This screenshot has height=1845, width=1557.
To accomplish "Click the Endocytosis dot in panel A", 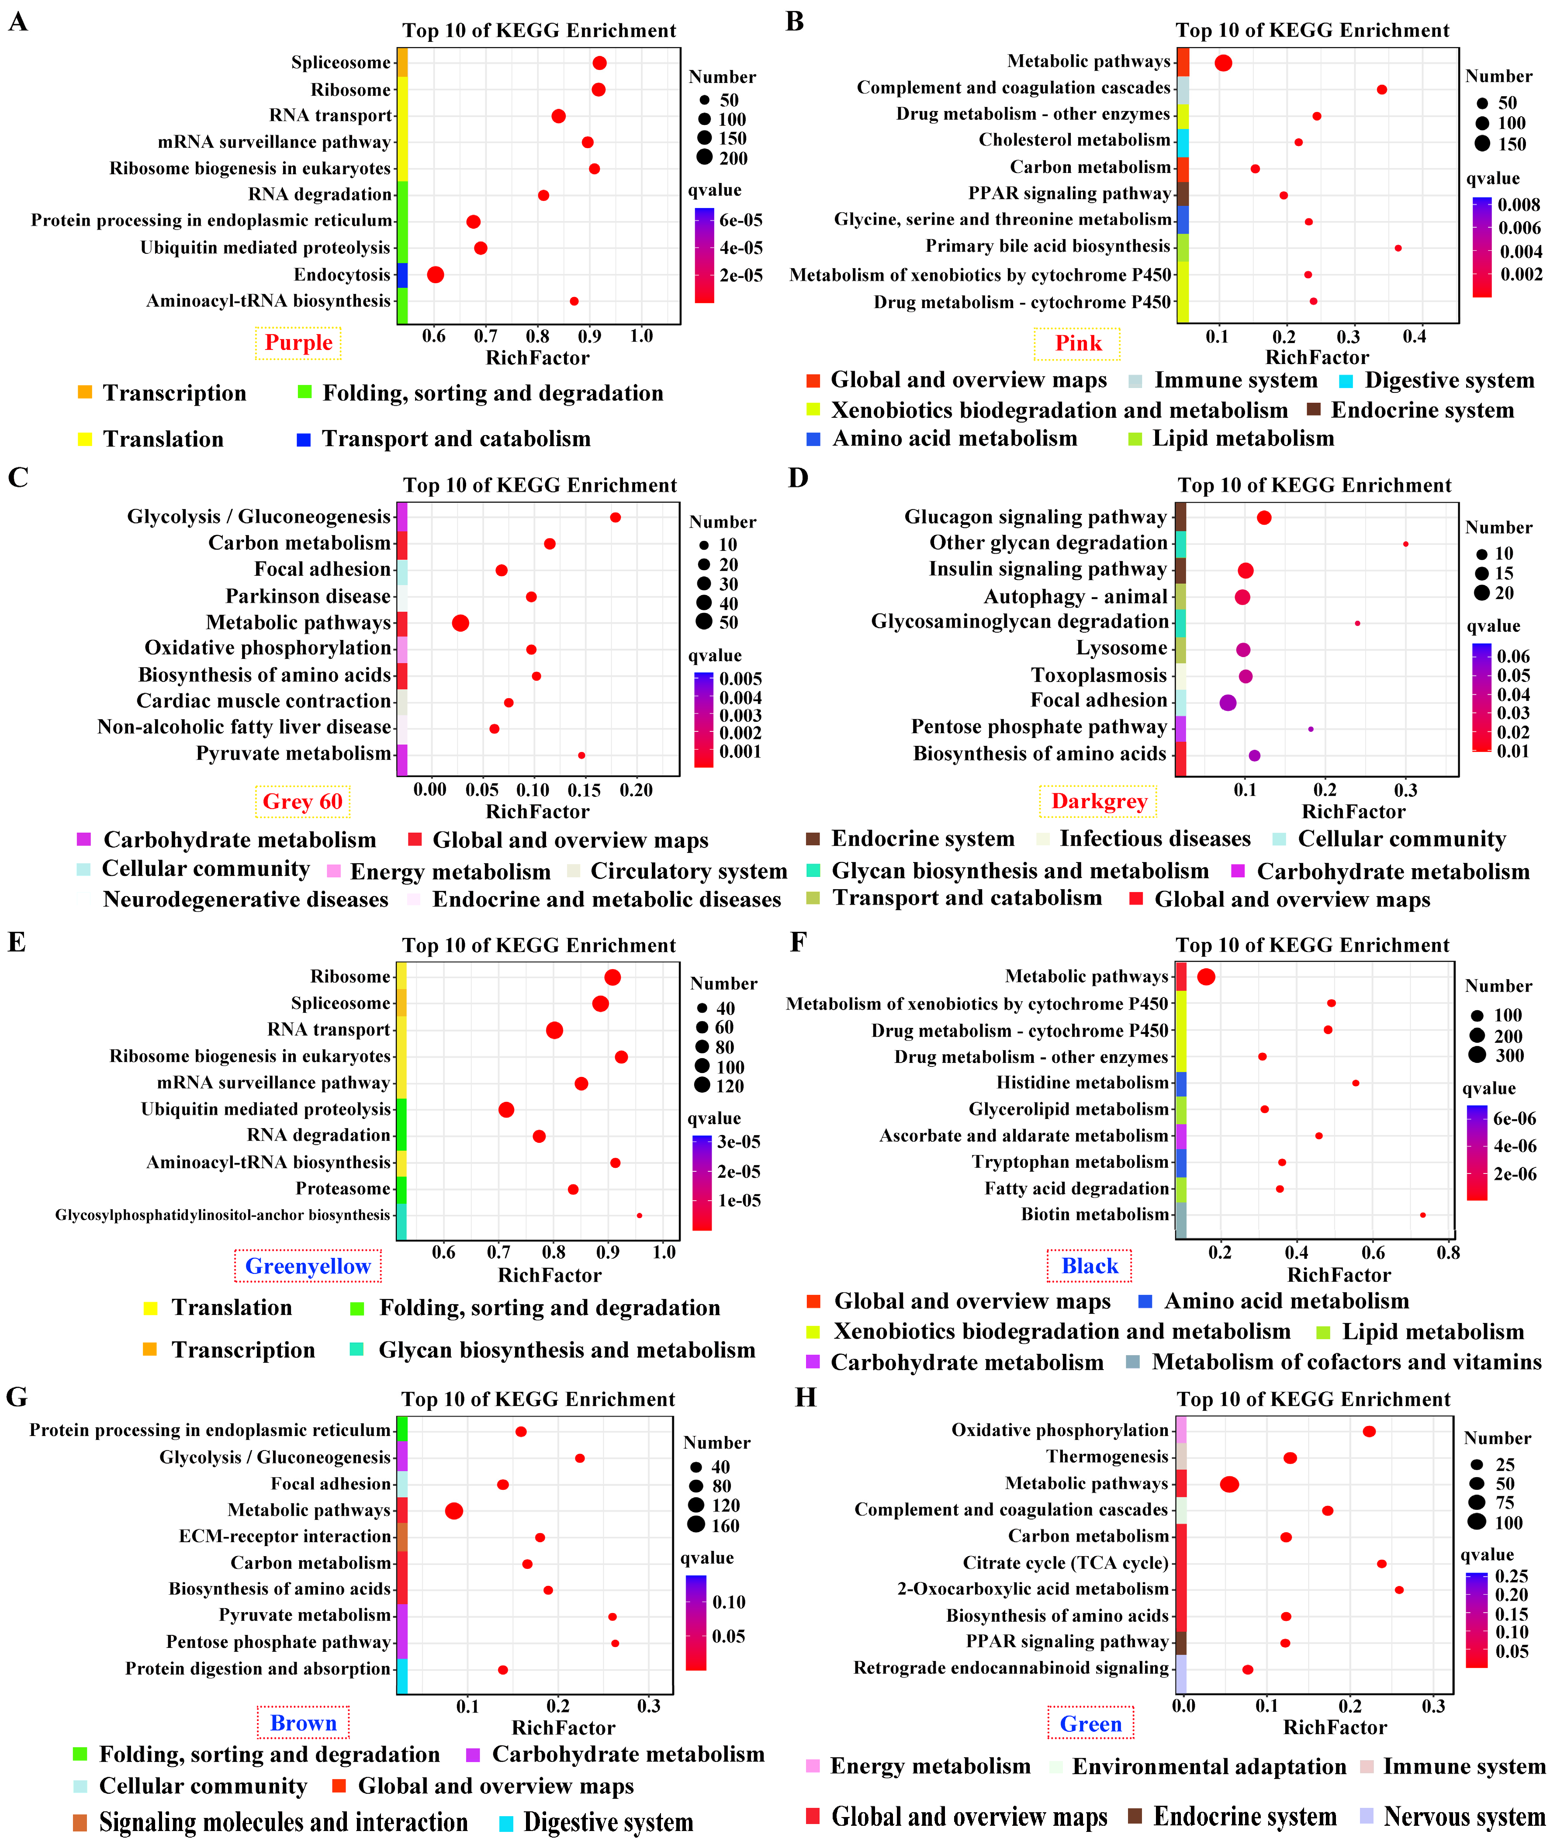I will [435, 274].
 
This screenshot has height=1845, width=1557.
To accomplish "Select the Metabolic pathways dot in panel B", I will [1222, 62].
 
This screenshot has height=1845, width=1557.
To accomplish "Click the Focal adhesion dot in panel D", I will [1228, 703].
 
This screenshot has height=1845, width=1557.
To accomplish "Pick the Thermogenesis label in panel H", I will [1107, 1457].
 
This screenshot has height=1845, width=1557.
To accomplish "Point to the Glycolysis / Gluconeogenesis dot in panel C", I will [615, 517].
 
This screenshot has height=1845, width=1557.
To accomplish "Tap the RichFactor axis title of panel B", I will [1317, 357].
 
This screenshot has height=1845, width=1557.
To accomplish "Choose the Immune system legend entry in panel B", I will [1235, 381].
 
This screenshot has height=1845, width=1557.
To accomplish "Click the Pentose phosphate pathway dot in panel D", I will [1311, 729].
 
